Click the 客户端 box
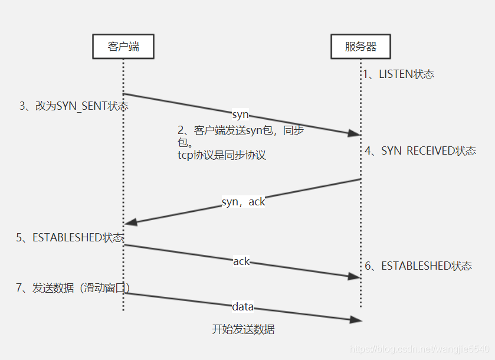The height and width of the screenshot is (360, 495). click(x=123, y=47)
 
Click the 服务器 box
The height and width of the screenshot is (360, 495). click(x=360, y=47)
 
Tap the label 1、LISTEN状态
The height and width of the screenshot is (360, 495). click(x=398, y=74)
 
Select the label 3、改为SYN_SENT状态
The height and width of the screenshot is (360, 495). click(x=74, y=106)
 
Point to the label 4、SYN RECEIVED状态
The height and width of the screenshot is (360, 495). click(x=420, y=150)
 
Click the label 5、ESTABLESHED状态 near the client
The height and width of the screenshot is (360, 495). click(x=70, y=237)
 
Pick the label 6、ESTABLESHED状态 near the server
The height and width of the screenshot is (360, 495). click(x=418, y=266)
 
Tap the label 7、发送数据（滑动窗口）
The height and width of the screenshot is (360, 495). click(x=73, y=287)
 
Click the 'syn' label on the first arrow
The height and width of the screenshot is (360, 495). click(x=240, y=114)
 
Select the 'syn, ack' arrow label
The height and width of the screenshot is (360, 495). click(x=243, y=202)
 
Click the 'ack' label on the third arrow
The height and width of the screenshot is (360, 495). click(x=241, y=261)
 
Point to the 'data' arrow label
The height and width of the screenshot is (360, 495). click(x=242, y=306)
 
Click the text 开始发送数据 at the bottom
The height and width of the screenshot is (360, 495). click(x=243, y=329)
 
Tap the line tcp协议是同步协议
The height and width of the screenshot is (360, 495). click(x=222, y=155)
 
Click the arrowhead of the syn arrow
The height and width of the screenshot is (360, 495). click(x=355, y=134)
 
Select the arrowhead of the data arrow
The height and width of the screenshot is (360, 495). click(x=355, y=320)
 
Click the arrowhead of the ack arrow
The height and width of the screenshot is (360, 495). click(x=355, y=276)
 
